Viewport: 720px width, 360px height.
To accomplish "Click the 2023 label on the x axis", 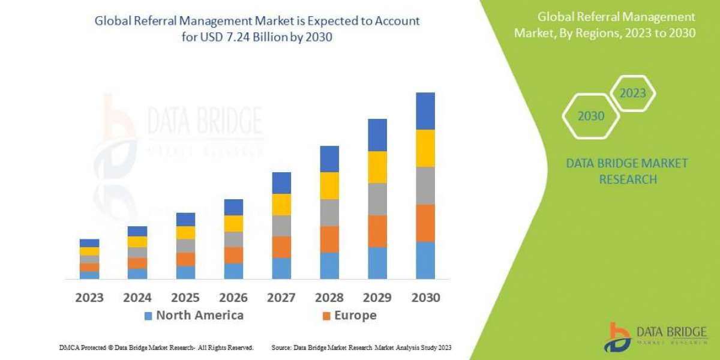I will tap(89, 297).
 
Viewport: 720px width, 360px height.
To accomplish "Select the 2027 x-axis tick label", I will tap(281, 297).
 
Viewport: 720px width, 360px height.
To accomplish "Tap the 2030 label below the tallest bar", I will tap(425, 297).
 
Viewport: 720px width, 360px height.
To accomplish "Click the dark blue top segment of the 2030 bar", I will tap(425, 111).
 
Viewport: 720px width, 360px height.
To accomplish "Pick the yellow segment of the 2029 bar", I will tap(377, 167).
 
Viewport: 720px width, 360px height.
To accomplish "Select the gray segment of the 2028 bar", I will tap(329, 212).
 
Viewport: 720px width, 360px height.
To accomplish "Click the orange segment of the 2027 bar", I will tap(281, 247).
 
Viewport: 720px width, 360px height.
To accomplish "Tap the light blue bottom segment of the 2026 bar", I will tap(233, 271).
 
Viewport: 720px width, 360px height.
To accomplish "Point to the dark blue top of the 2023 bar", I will tap(89, 243).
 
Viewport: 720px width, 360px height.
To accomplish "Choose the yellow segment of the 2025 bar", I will tap(185, 233).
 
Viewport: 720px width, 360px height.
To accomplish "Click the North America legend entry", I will tap(194, 315).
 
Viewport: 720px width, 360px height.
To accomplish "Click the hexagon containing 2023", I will tap(632, 94).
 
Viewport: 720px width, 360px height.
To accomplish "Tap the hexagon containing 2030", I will tap(591, 116).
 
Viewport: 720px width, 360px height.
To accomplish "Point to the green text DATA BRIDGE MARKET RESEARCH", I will tap(628, 171).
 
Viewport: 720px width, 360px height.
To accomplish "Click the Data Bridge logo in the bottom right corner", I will tap(654, 337).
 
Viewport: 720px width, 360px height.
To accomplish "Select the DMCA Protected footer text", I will tap(156, 347).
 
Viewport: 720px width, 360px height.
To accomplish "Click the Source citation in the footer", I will tap(361, 347).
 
